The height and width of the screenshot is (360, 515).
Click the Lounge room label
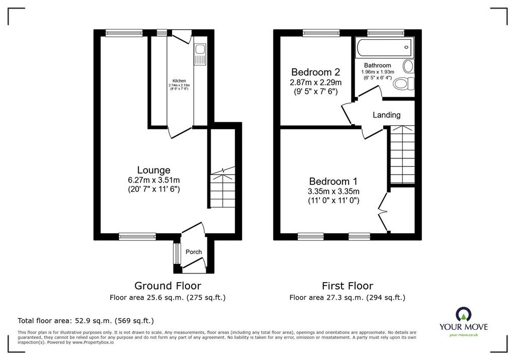pos(154,170)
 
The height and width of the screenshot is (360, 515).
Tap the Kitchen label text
pos(179,81)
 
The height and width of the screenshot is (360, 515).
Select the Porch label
pos(194,252)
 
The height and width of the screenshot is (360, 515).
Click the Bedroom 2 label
pos(316,72)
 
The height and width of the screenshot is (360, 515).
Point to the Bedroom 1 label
pos(333,182)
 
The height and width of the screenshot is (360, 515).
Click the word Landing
pos(387,115)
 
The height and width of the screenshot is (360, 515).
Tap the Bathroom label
pos(377,65)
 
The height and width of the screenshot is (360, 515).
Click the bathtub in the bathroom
pos(384,48)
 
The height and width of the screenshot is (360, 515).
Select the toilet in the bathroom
pos(403,83)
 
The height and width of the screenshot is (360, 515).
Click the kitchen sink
pos(200,54)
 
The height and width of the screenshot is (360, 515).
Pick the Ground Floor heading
pos(168,286)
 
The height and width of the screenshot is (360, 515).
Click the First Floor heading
pos(348,286)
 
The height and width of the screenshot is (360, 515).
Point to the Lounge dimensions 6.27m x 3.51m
pos(154,180)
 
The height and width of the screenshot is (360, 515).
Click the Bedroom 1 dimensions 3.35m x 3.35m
pos(333,191)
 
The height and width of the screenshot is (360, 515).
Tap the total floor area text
pos(85,321)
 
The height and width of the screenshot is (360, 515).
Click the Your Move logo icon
pos(463,314)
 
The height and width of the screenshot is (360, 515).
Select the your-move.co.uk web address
pos(463,335)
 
